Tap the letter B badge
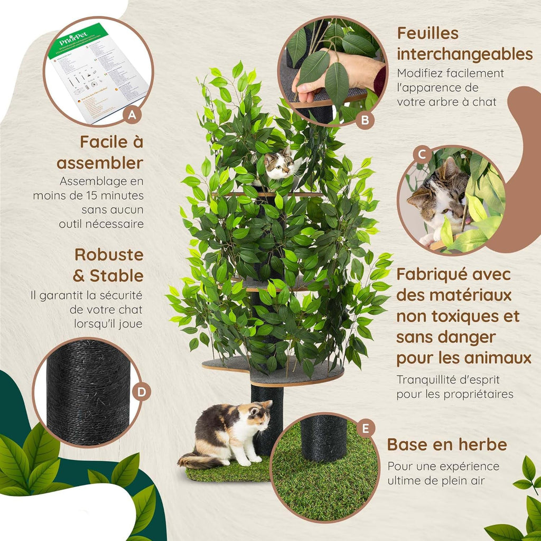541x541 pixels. (365, 120)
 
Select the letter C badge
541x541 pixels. (422, 154)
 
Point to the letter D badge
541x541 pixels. (141, 392)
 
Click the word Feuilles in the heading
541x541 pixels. (428, 33)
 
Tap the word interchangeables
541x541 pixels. (464, 54)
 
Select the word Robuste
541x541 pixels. (109, 254)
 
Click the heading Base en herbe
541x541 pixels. (447, 444)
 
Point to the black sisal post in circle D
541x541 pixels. (88, 392)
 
